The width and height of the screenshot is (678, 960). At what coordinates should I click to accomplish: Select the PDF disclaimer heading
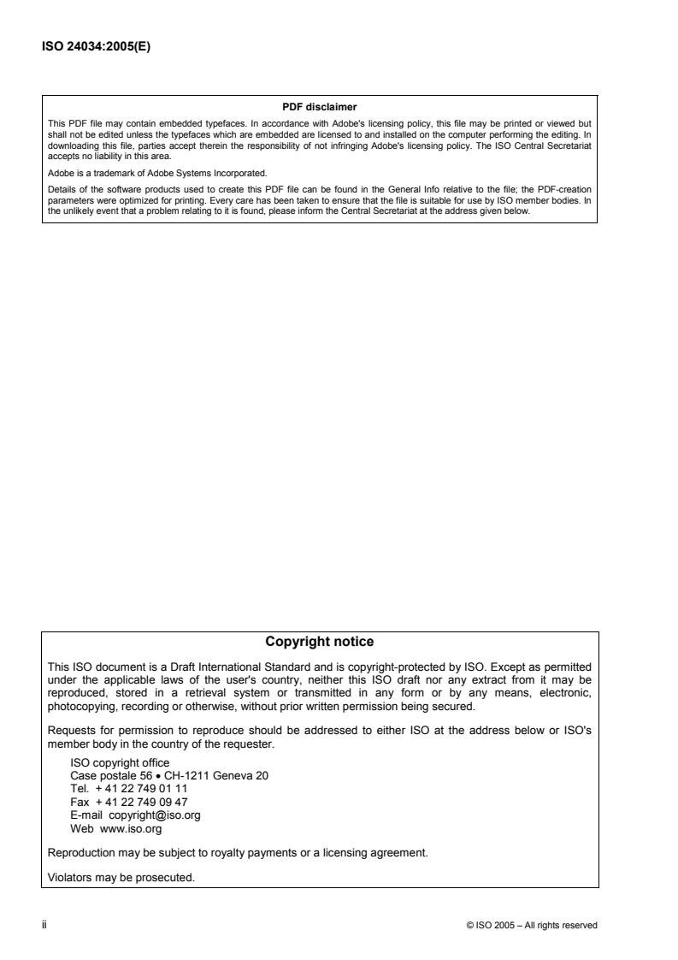pyautogui.click(x=320, y=107)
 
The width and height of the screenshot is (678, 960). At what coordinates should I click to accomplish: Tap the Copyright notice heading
pyautogui.click(x=320, y=641)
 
